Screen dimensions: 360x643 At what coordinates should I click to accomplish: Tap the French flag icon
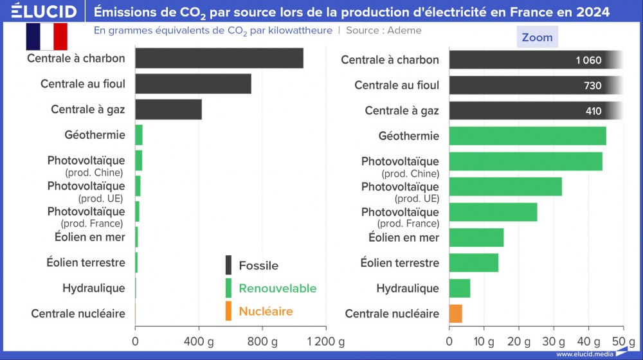coord(46,36)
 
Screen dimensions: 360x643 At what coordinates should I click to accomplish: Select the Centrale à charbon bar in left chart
coord(219,59)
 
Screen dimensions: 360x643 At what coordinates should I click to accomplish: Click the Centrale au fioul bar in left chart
coord(193,84)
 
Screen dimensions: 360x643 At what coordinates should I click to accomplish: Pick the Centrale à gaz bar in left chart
coord(168,109)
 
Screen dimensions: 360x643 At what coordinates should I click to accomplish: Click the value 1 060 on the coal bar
coord(588,60)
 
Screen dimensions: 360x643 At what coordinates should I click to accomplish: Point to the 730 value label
coord(592,85)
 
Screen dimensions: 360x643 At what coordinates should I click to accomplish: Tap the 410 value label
coord(593,111)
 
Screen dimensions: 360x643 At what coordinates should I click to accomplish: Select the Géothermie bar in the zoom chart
coord(527,136)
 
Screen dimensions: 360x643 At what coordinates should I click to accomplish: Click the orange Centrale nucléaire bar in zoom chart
coord(455,314)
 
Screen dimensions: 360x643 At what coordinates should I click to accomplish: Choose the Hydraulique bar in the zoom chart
coord(459,288)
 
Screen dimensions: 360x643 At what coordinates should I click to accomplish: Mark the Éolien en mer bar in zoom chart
coord(476,237)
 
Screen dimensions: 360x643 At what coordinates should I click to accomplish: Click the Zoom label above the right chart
coord(537,37)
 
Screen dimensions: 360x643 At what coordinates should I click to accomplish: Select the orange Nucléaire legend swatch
coord(228,311)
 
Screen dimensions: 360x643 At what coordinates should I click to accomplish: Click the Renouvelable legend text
coord(277,289)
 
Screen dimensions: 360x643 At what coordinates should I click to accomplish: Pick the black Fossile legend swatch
coord(228,265)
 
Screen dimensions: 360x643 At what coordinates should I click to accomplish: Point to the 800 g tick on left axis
coord(261,341)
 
